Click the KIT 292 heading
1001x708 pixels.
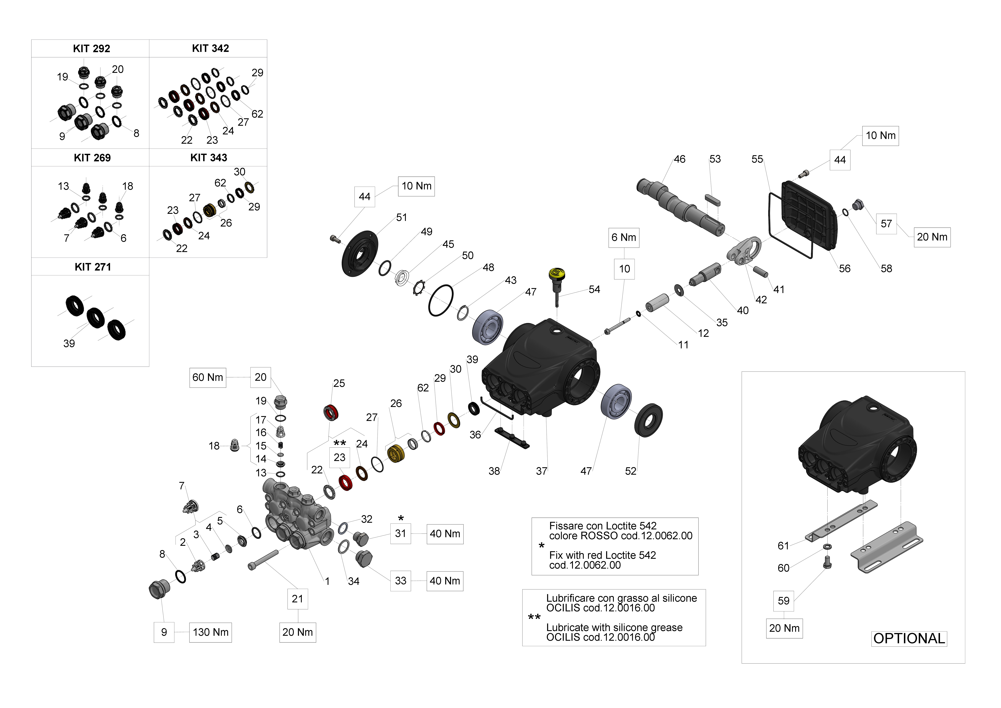coord(92,48)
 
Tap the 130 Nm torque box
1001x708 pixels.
coord(211,632)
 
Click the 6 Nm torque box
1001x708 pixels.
coord(624,238)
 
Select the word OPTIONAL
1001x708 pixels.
coord(909,639)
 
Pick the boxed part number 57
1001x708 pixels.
coord(886,224)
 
